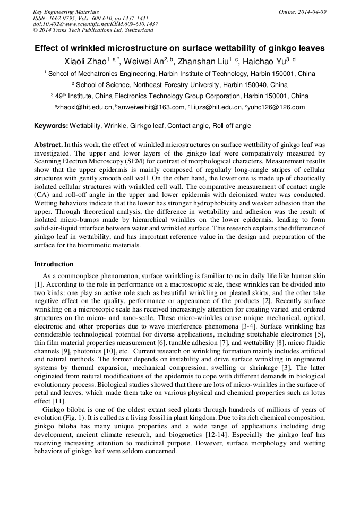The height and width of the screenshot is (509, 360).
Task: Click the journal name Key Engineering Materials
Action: coord(65,12)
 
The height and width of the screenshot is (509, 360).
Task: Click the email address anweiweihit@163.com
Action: coord(151,107)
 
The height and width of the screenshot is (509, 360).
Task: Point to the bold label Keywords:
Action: coord(51,126)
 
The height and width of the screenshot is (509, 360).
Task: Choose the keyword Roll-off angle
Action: coord(232,126)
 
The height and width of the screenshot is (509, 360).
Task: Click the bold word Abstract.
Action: coord(48,144)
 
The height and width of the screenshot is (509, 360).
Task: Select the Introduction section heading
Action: coord(54,264)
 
